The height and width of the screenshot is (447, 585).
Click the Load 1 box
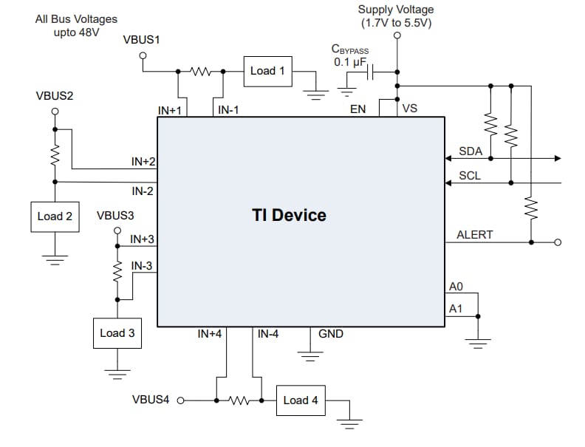pos(267,71)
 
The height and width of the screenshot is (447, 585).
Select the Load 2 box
pos(55,216)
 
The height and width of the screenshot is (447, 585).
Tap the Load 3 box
pos(117,333)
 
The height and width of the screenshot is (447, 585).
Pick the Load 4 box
pos(301,400)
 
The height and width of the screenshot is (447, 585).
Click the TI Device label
pos(289,216)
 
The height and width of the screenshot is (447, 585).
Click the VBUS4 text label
pos(151,400)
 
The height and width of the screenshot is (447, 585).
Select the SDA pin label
pos(471,151)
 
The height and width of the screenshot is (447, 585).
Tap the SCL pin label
pos(470,176)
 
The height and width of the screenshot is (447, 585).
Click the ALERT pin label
pos(474,235)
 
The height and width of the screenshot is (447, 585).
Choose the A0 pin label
pos(456,286)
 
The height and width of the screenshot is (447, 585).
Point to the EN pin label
pos(357,109)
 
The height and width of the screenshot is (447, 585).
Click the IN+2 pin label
pos(143,161)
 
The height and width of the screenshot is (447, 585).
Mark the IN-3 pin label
pos(143,265)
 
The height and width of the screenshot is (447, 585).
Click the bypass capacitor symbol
pos(373,72)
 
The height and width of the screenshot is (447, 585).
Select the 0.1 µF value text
pos(350,62)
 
